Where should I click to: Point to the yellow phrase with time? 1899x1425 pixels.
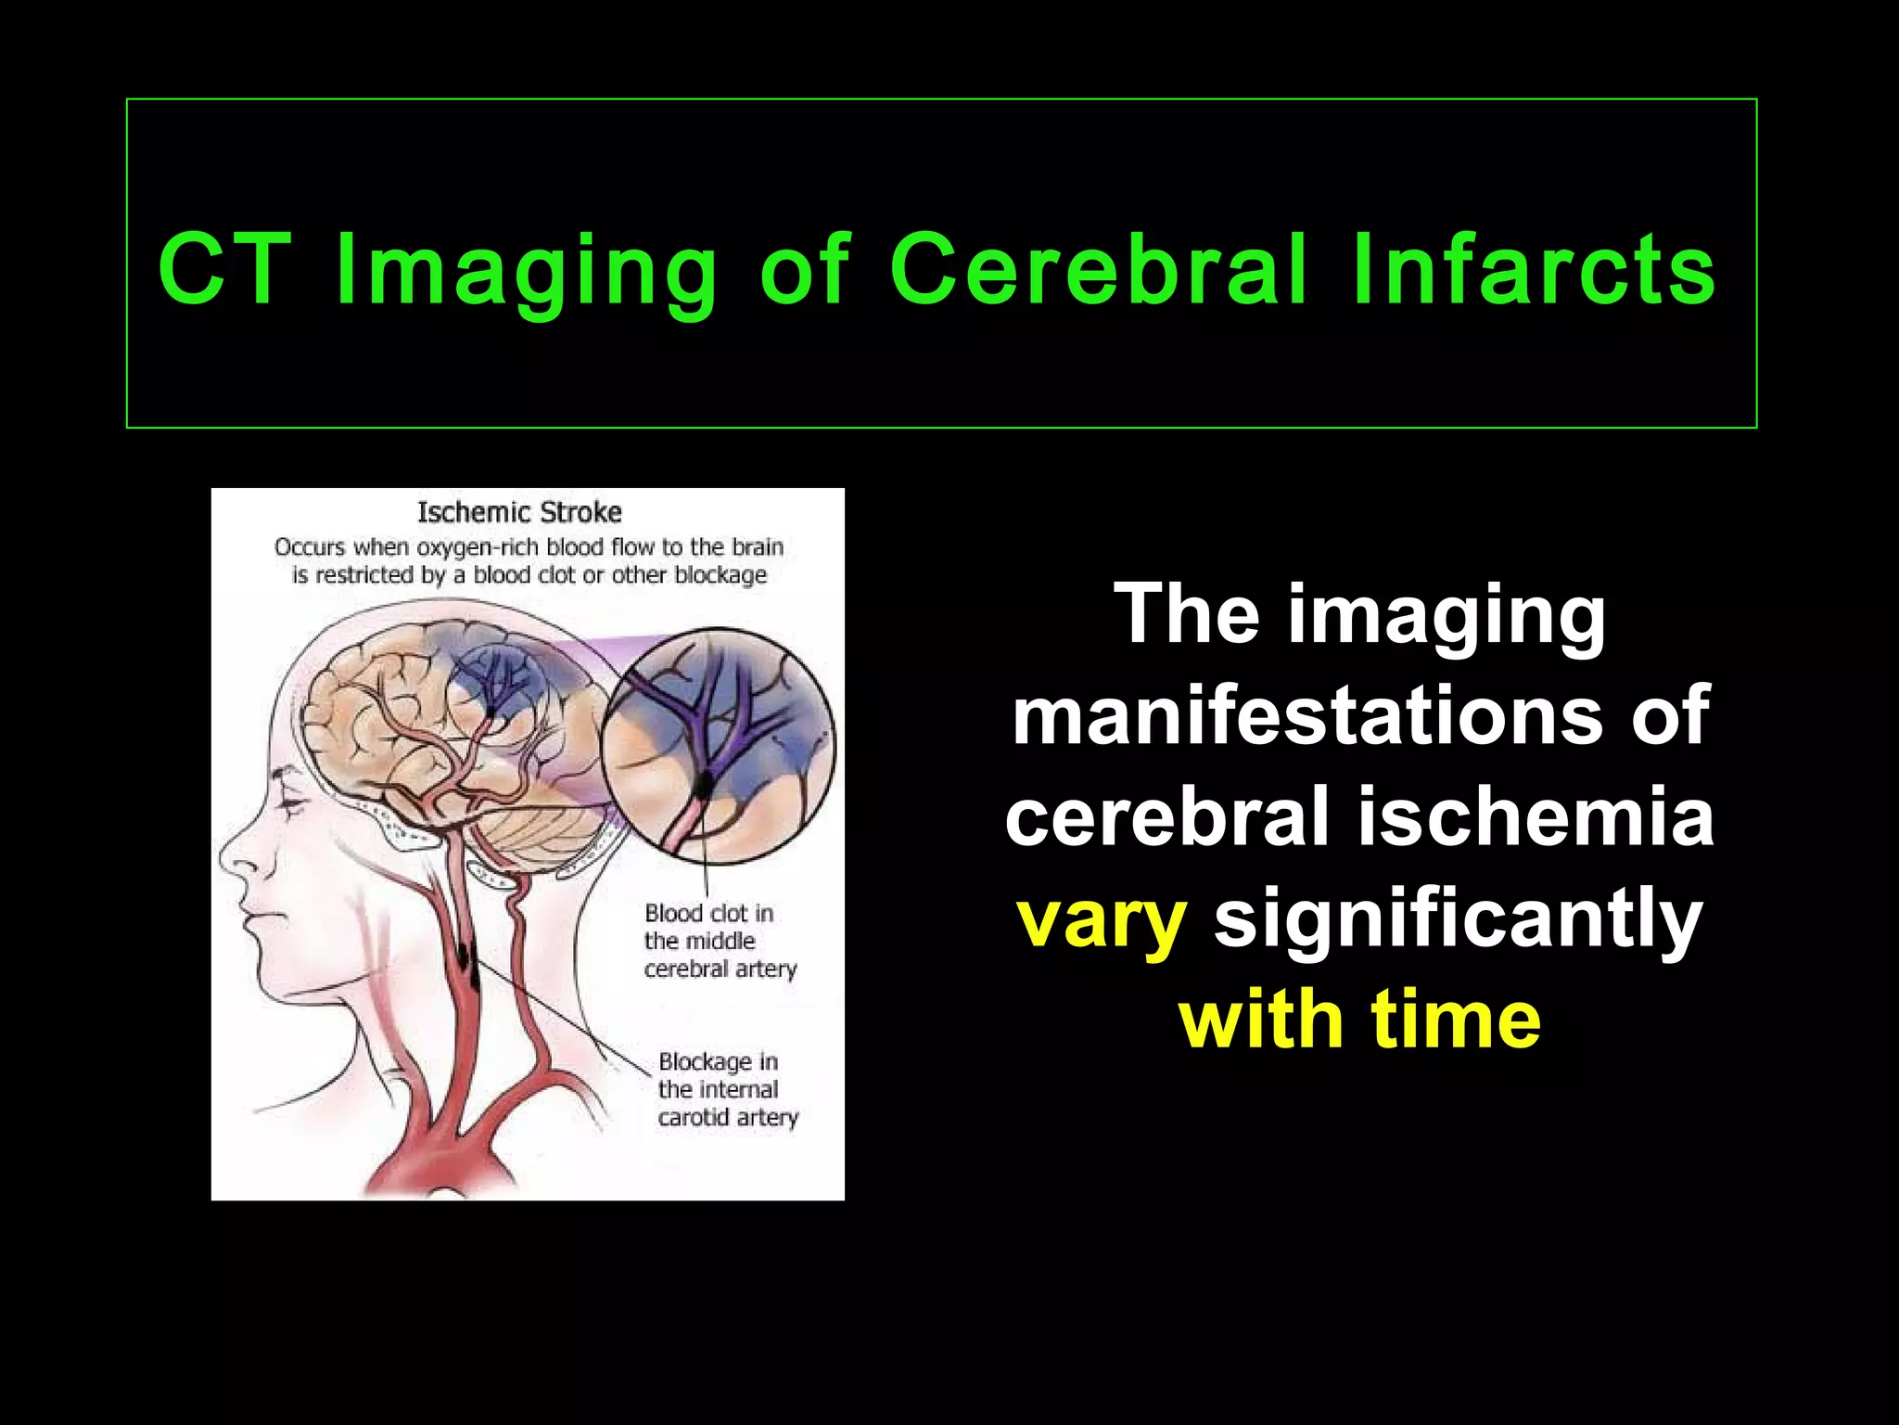pos(1359,1021)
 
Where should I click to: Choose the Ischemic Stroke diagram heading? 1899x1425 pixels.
pos(519,512)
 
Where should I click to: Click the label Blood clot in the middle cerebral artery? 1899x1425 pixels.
pos(719,941)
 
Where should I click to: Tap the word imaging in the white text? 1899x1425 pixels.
pos(1447,614)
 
